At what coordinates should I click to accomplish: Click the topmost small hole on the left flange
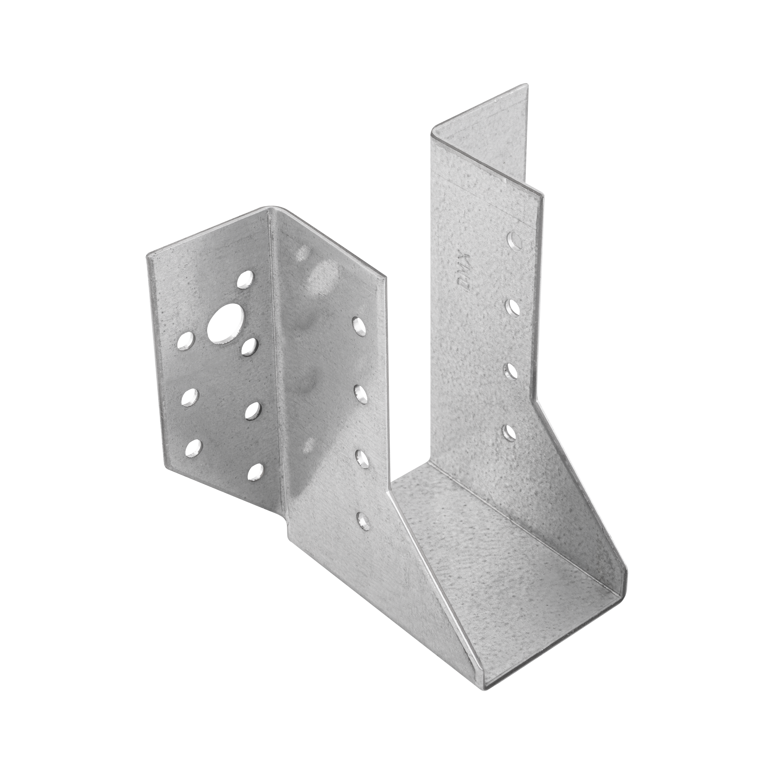click(246, 280)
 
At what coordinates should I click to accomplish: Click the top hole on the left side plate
click(360, 326)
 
